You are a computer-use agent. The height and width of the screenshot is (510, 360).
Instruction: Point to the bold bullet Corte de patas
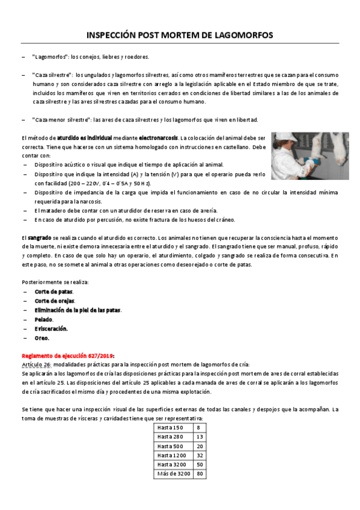[53, 291]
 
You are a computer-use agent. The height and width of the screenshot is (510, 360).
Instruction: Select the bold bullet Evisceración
[51, 328]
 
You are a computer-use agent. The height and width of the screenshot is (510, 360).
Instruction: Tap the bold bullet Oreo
[42, 338]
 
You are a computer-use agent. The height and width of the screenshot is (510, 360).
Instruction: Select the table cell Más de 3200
[173, 473]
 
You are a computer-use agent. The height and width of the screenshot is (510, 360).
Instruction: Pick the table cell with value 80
[200, 473]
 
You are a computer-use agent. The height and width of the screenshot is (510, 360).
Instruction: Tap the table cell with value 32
[200, 455]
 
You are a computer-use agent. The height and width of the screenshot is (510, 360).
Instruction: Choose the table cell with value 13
[200, 437]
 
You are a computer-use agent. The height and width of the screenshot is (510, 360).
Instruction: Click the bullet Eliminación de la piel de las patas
[78, 310]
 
